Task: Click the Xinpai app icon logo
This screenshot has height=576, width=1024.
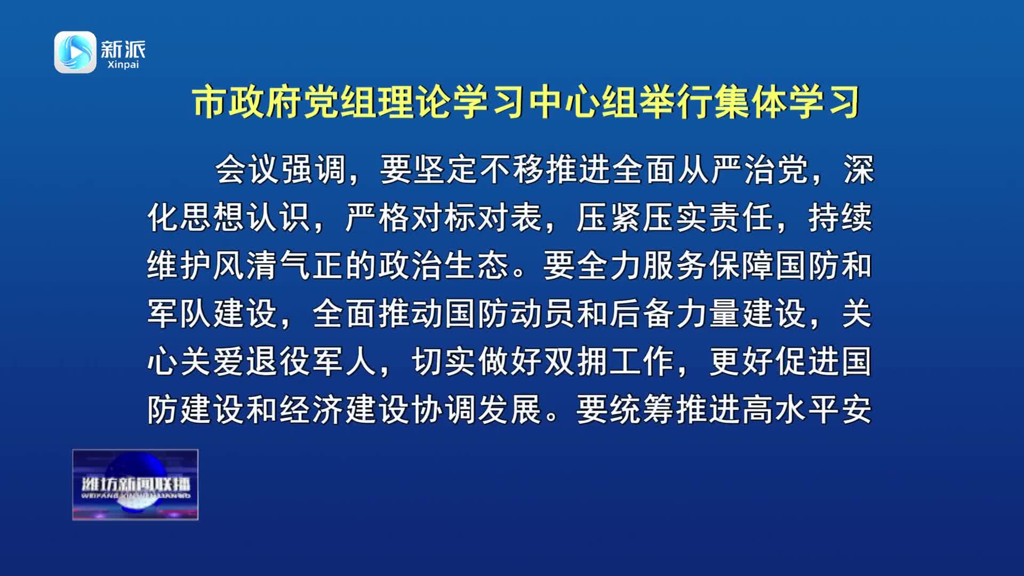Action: click(x=75, y=52)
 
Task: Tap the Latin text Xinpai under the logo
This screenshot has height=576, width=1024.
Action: click(x=123, y=65)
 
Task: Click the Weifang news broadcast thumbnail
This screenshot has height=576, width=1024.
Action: click(x=135, y=485)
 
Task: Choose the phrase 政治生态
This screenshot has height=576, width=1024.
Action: click(x=444, y=266)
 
